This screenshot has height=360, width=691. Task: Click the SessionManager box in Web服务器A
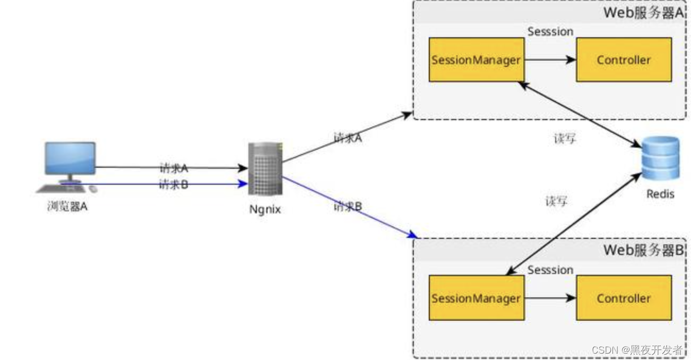pyautogui.click(x=476, y=59)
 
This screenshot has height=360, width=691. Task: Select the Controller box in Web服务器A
pyautogui.click(x=624, y=59)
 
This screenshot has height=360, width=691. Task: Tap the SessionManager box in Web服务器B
pyautogui.click(x=476, y=298)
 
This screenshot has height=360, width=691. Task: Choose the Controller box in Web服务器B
pyautogui.click(x=624, y=298)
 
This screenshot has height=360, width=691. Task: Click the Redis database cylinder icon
pyautogui.click(x=660, y=158)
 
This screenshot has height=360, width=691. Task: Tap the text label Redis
pyautogui.click(x=660, y=194)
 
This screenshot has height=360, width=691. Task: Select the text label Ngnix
pyautogui.click(x=265, y=209)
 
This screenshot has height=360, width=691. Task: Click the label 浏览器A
pyautogui.click(x=67, y=207)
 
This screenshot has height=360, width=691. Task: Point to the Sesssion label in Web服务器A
pyautogui.click(x=550, y=31)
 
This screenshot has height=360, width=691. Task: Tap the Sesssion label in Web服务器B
pyautogui.click(x=550, y=270)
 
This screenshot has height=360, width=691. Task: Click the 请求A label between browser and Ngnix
pyautogui.click(x=174, y=168)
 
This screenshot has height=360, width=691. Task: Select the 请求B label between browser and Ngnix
pyautogui.click(x=174, y=185)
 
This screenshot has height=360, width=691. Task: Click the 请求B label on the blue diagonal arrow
pyautogui.click(x=348, y=206)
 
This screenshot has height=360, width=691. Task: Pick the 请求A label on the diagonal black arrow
pyautogui.click(x=348, y=138)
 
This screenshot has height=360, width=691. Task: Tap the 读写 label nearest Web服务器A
pyautogui.click(x=565, y=139)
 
